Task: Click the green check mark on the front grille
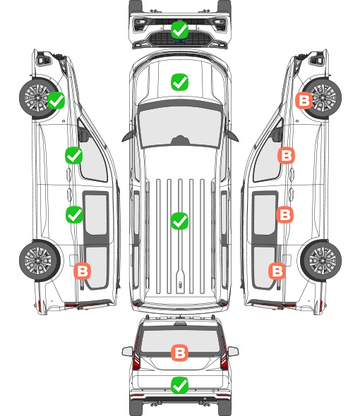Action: click(179, 30)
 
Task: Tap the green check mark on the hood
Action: click(179, 82)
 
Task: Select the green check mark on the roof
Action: click(179, 221)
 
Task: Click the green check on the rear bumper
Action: click(179, 385)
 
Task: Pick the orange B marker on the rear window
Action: click(179, 353)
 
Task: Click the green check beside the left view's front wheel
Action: click(56, 100)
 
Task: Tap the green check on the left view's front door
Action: click(74, 155)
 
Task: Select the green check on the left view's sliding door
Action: click(74, 214)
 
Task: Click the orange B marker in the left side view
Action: click(83, 271)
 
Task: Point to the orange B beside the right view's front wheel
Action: click(304, 100)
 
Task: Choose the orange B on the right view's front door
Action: click(286, 155)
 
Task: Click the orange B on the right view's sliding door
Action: click(284, 214)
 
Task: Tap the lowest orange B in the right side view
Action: click(277, 271)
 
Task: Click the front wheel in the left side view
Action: click(37, 98)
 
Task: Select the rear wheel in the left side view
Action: click(40, 261)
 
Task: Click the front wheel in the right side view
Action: click(323, 98)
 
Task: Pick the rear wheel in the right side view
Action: click(321, 261)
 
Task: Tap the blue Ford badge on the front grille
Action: click(180, 41)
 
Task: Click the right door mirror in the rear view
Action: click(234, 352)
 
